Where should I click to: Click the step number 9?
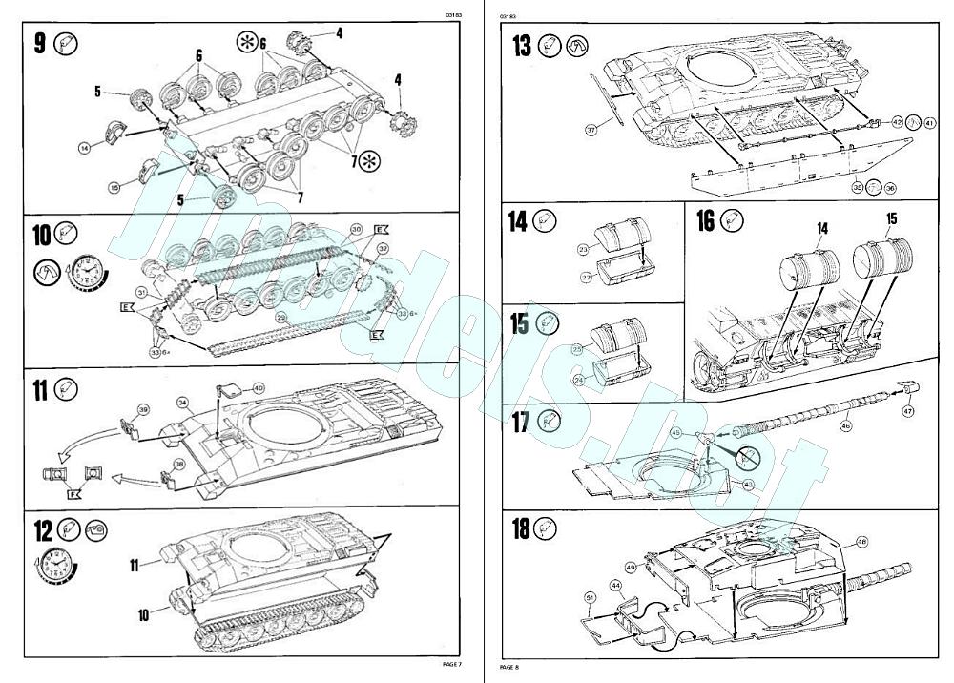pos(39,44)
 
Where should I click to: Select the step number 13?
pos(521,46)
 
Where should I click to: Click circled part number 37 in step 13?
pos(591,130)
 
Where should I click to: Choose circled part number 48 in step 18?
pos(862,541)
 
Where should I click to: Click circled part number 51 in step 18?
pos(591,598)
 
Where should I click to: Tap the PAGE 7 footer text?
pos(451,664)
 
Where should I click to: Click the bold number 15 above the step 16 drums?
pos(891,218)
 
